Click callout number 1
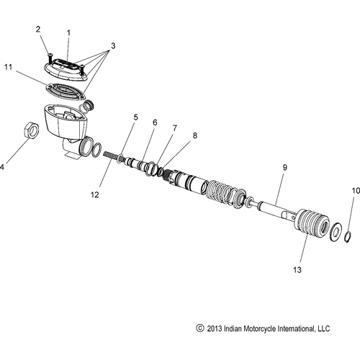(x=68, y=32)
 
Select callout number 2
(x=40, y=29)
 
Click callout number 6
(x=153, y=122)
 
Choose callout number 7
(x=174, y=128)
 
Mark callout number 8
(x=192, y=135)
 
